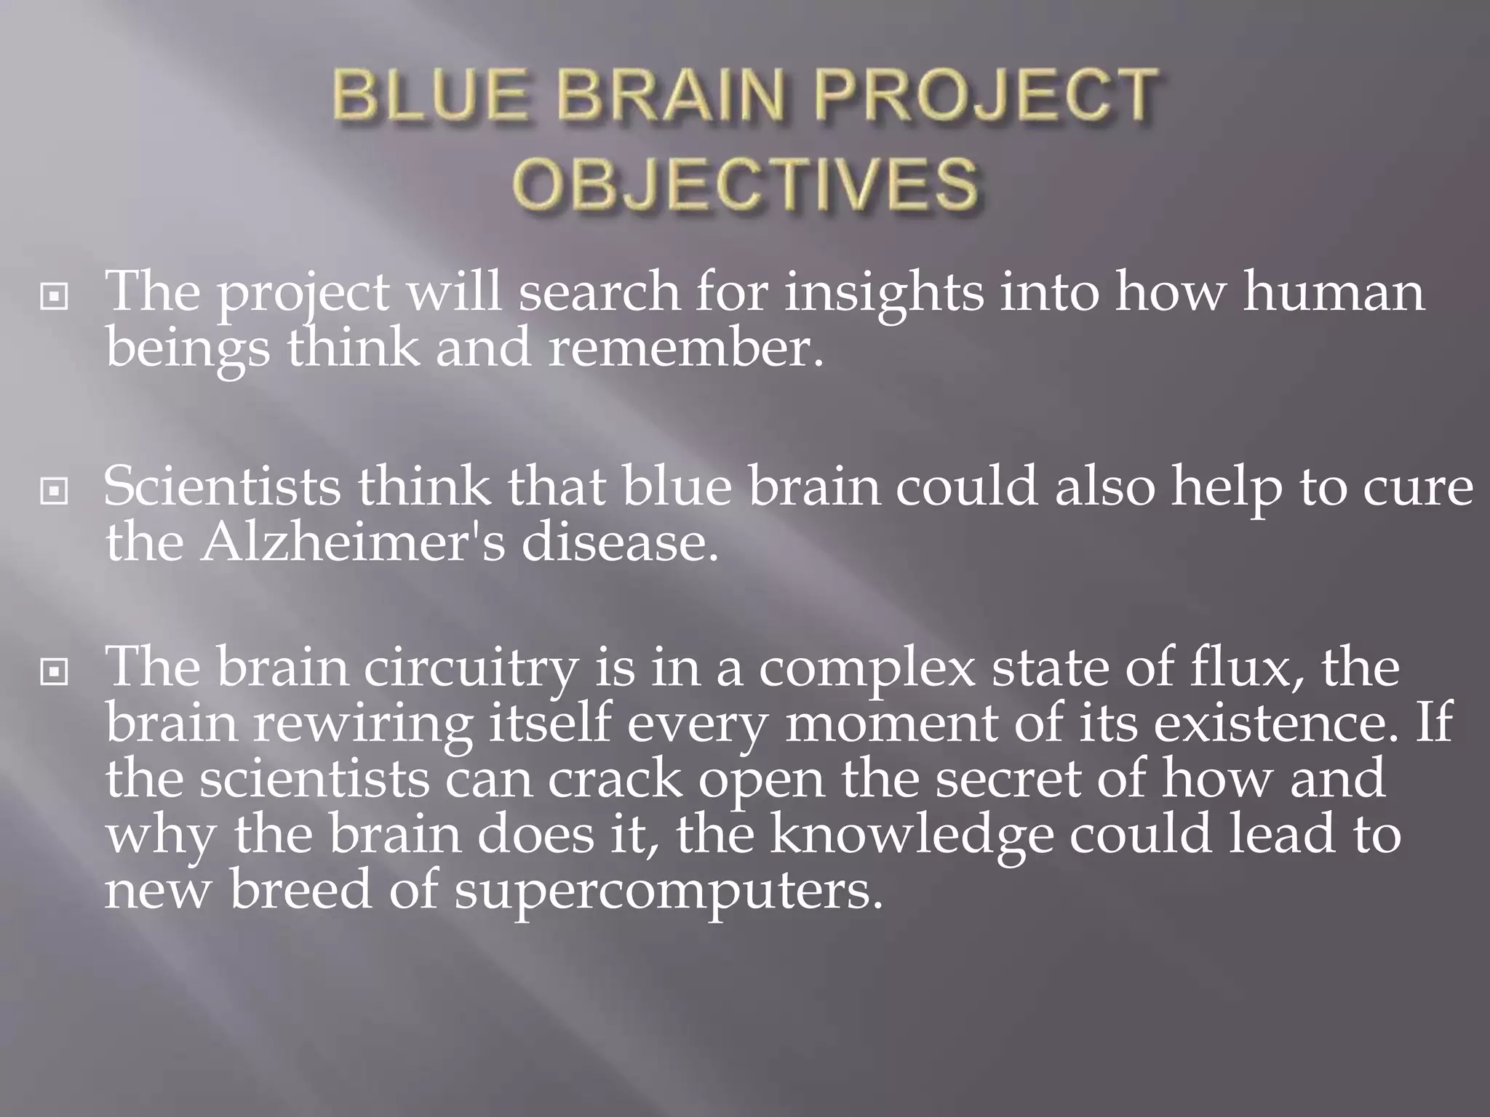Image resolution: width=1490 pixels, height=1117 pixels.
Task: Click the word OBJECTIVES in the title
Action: click(x=745, y=183)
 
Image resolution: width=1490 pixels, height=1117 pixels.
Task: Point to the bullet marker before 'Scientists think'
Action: click(x=55, y=492)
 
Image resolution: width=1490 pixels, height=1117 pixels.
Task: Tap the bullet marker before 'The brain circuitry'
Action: click(x=55, y=673)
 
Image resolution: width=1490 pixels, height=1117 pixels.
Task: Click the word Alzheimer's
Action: click(x=351, y=543)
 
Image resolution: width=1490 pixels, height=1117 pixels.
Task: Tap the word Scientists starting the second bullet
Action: click(x=221, y=487)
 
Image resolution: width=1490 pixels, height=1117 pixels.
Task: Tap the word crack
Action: click(x=615, y=780)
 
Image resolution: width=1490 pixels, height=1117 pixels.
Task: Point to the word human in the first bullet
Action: click(x=1333, y=292)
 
